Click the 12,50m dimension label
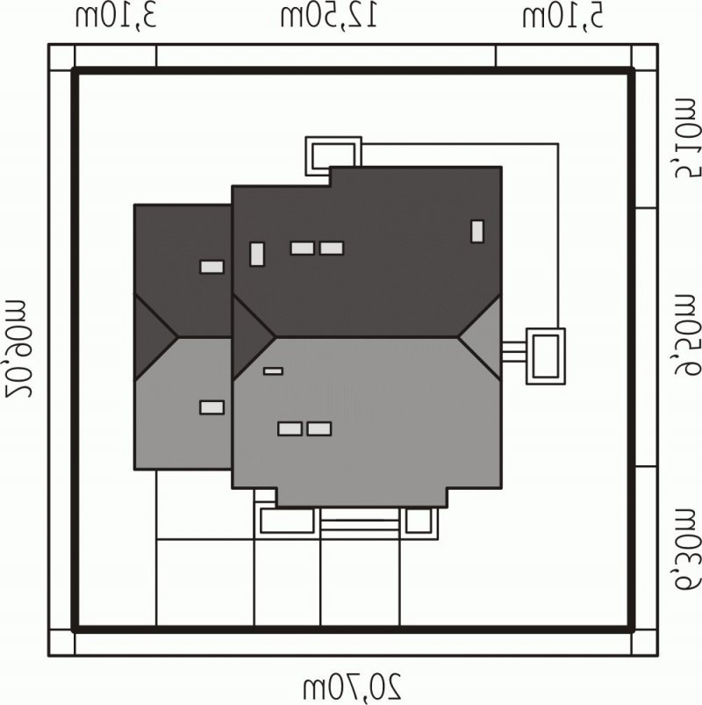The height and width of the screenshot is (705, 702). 329,18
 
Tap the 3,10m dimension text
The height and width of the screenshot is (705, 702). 116,18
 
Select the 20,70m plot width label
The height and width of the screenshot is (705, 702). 353,687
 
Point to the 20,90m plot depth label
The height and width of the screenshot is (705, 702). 18,348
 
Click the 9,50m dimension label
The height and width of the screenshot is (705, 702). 688,335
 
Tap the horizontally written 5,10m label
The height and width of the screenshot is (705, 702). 562,18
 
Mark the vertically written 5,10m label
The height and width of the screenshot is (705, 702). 688,138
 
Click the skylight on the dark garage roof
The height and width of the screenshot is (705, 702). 211,267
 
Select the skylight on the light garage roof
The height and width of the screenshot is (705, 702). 211,407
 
